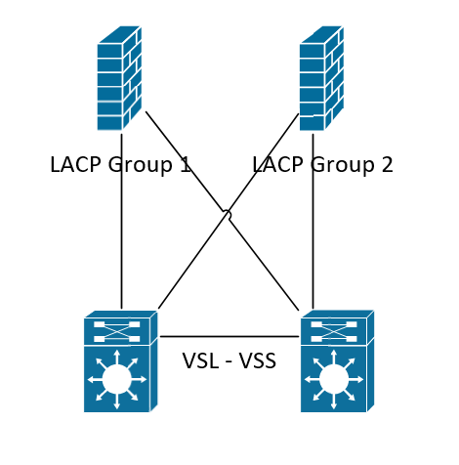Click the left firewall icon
pos(119,78)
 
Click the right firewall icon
pos(321,78)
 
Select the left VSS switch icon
pos(121,361)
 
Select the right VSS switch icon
pos(337,361)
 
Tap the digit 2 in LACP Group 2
pos(387,164)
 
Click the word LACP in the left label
pos(75,164)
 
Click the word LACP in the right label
pos(277,164)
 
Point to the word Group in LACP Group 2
pos(341,166)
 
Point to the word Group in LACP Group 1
pos(139,166)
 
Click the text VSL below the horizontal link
pos(200,360)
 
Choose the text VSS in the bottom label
pos(258,360)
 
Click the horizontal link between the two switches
pos(229,336)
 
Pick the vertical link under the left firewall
pos(122,222)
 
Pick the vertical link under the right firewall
pos(313,222)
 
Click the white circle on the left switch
pos(117,379)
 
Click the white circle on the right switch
pos(334,379)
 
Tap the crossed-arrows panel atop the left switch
pos(117,331)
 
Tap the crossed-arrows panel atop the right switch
pos(334,331)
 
